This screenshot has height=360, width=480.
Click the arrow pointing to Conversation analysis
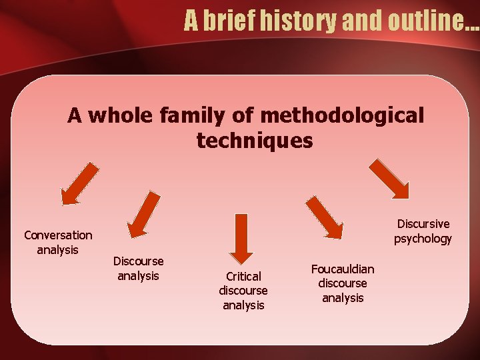click(79, 184)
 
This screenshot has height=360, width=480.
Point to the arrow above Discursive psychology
click(389, 179)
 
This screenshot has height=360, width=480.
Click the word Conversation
click(58, 235)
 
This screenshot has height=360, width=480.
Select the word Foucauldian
click(343, 269)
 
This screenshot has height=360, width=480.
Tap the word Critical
click(243, 276)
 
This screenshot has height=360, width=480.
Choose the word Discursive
click(423, 224)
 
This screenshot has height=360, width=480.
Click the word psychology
click(423, 239)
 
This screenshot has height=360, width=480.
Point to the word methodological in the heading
click(342, 116)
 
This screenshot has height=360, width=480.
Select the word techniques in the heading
click(254, 141)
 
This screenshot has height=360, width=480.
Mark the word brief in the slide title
click(226, 21)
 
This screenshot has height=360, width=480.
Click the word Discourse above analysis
click(138, 261)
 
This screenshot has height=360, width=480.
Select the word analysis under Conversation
click(58, 250)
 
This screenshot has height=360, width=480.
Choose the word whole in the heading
click(121, 116)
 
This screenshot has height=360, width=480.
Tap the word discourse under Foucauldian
click(343, 283)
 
